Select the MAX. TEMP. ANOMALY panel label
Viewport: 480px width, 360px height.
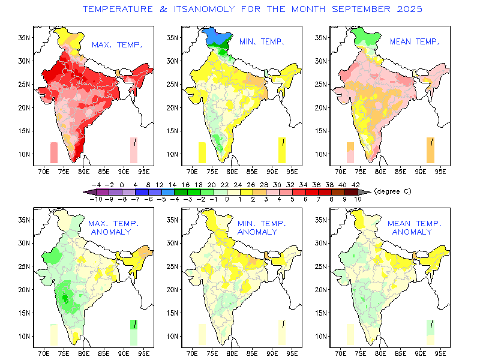113,227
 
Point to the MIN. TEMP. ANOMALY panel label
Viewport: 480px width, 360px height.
261,227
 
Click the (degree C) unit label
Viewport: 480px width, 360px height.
392,191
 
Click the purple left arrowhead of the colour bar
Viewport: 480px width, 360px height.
88,192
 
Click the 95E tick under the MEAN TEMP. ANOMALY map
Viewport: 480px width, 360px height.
442,354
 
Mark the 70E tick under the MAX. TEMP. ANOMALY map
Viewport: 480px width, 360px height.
44,354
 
